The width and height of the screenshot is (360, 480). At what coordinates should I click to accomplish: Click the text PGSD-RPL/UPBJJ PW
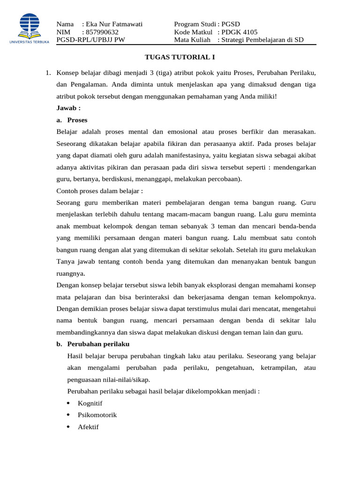(x=90, y=40)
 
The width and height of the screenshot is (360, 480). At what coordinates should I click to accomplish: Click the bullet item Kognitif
(x=90, y=403)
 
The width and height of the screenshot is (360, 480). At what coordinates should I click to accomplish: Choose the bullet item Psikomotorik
(x=97, y=415)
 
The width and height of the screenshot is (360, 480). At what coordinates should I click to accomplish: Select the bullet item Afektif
(x=88, y=427)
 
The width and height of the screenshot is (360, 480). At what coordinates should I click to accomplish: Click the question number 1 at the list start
(x=48, y=73)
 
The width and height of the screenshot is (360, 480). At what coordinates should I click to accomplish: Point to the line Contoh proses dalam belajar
(x=99, y=191)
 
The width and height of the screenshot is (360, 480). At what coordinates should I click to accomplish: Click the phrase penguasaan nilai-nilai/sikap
(x=109, y=380)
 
